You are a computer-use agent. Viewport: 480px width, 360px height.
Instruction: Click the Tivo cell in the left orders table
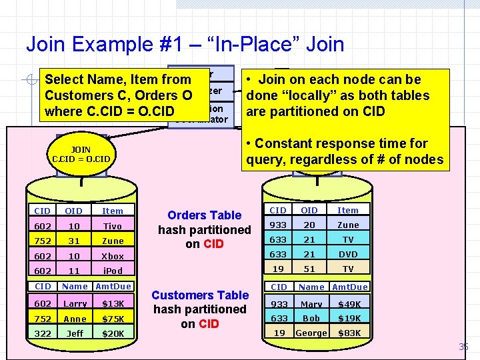tap(112, 226)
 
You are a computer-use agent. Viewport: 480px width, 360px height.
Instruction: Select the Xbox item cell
tap(112, 256)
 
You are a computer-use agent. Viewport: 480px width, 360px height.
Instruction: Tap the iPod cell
tap(112, 271)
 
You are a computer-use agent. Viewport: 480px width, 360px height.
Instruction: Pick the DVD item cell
tap(348, 254)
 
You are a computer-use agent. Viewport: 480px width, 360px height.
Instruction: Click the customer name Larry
tap(75, 303)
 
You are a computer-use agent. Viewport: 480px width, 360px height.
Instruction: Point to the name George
tap(311, 333)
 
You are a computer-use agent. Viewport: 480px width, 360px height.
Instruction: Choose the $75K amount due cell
tap(112, 318)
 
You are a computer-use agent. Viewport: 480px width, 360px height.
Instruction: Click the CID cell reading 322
tap(43, 333)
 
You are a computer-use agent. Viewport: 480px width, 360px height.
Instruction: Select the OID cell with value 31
tap(75, 241)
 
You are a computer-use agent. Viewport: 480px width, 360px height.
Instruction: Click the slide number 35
tap(463, 347)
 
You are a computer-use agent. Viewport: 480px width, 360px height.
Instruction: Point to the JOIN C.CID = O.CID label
tap(81, 155)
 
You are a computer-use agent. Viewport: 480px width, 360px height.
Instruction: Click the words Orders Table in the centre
tap(204, 215)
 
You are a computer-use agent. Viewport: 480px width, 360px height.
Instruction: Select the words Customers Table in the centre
tap(200, 295)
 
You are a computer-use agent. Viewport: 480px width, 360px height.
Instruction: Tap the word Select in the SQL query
tap(62, 80)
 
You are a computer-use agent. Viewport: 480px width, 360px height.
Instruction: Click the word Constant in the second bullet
tap(283, 143)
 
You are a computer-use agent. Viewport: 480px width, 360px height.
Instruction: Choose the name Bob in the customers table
tap(311, 318)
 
